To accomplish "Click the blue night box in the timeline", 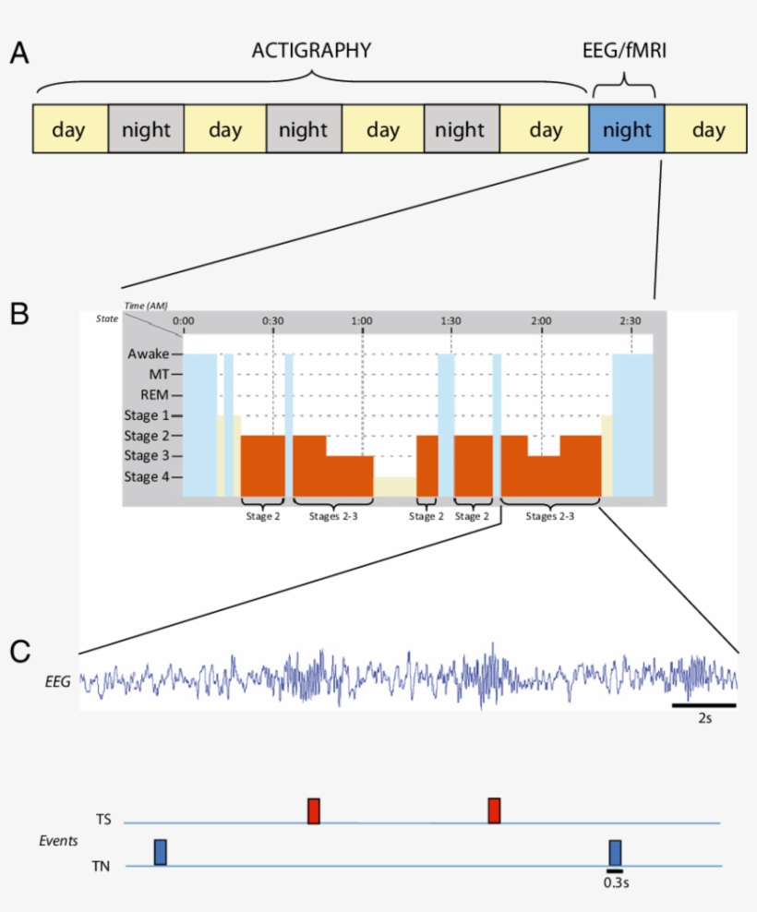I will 626,129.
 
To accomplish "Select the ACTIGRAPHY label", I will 311,51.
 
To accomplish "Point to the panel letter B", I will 19,313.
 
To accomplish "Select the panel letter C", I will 19,652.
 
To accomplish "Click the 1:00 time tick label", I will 362,321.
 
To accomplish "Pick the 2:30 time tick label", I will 630,321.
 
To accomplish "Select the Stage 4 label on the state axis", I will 152,476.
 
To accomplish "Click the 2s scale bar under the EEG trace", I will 703,706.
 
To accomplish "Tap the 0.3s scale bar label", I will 615,882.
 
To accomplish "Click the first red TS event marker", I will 314,810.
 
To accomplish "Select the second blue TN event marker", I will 615,852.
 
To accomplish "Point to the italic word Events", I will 58,841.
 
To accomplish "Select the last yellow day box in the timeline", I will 707,129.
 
